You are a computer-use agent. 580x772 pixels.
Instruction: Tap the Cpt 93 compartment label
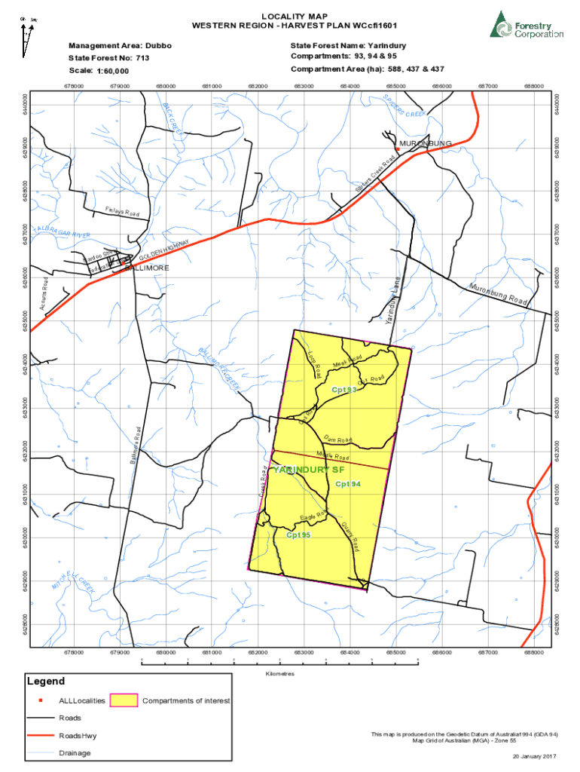tap(343, 389)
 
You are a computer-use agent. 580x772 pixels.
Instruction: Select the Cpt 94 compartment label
tap(349, 483)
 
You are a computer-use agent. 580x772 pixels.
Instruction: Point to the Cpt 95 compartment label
tap(298, 535)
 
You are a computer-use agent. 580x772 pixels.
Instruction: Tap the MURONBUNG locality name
tap(426, 143)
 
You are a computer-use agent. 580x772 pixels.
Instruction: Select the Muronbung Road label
tap(496, 295)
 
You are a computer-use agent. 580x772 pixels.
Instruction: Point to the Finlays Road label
tap(122, 212)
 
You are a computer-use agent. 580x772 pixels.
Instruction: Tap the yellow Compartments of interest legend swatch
tap(124, 700)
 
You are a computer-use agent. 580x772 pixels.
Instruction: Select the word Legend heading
tap(46, 681)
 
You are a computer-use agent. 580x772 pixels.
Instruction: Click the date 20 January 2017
tap(535, 756)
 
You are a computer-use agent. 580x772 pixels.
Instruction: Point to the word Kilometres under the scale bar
tap(279, 673)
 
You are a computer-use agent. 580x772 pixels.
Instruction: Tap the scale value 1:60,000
tap(113, 71)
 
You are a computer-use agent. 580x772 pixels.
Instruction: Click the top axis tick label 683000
tap(304, 86)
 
